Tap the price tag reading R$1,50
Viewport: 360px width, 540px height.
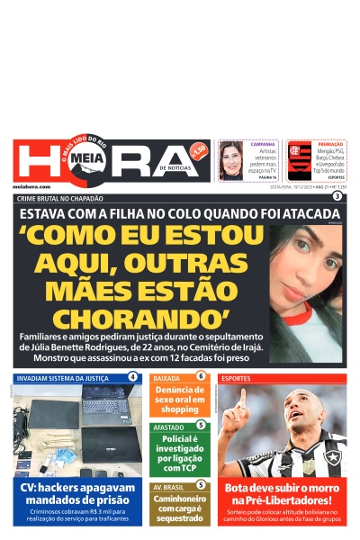[x=199, y=149]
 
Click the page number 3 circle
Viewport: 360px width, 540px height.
[x=337, y=196]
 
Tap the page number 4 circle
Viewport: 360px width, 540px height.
[x=133, y=376]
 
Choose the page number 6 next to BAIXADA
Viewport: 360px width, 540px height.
[x=201, y=376]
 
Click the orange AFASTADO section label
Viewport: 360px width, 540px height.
[x=168, y=427]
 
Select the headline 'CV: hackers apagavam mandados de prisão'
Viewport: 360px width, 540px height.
[x=77, y=494]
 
